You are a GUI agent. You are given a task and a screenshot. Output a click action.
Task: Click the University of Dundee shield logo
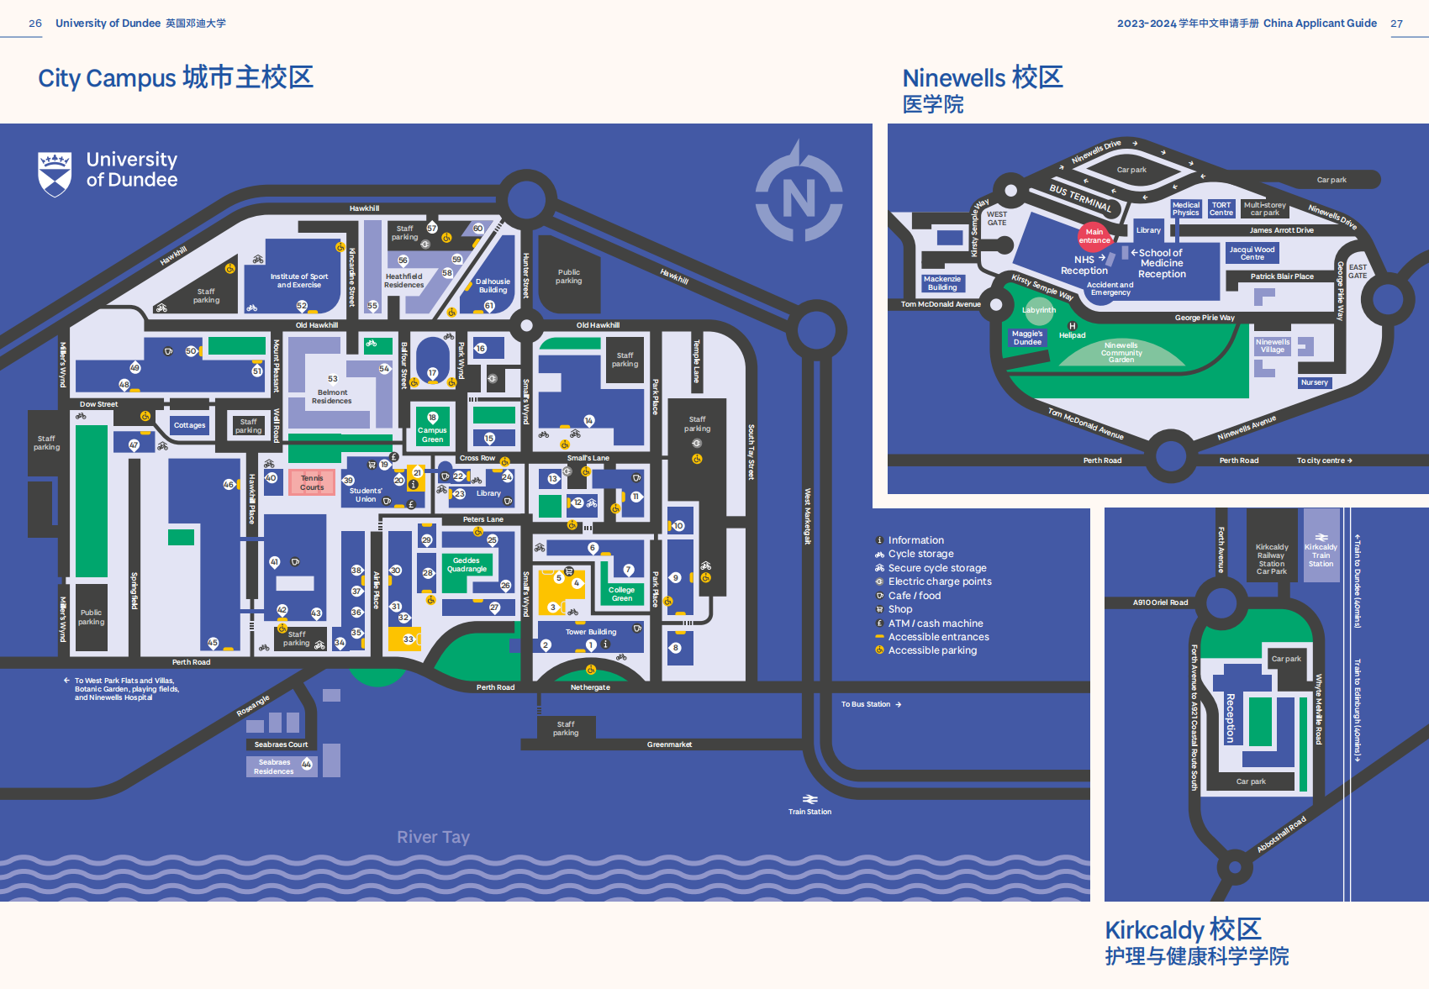click(x=55, y=173)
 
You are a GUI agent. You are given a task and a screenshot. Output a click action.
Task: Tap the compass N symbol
click(x=799, y=197)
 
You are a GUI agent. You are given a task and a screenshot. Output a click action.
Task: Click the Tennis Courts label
click(x=312, y=482)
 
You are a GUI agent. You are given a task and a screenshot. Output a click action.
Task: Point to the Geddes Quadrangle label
click(x=467, y=565)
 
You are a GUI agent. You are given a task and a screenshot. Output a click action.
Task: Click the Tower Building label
click(x=590, y=632)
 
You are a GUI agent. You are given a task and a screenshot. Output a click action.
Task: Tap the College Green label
click(x=621, y=594)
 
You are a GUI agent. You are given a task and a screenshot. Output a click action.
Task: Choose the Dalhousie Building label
click(x=493, y=286)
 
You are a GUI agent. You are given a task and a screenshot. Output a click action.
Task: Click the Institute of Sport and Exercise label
click(x=298, y=280)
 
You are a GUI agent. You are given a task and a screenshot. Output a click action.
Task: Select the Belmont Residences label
click(x=332, y=397)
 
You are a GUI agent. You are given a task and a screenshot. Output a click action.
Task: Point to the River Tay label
click(x=433, y=837)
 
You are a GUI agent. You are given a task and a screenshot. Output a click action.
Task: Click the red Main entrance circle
click(x=1094, y=236)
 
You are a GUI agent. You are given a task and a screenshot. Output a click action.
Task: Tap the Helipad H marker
click(x=1072, y=326)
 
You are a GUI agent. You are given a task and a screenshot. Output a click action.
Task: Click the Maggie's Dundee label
click(x=1027, y=338)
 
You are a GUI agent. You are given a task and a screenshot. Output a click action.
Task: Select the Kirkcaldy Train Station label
click(x=1321, y=555)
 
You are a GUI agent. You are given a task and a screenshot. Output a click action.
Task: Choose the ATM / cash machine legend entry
click(x=935, y=623)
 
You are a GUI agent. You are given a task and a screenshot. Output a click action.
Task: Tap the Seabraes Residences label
click(x=274, y=766)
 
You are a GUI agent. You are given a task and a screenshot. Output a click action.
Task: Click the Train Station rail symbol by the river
click(x=809, y=799)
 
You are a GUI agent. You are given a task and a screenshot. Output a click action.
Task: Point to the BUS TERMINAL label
click(x=1080, y=197)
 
